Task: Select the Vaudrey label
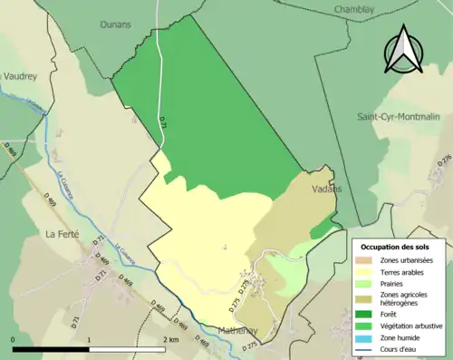(x=20, y=77)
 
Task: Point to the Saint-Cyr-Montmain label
(x=399, y=116)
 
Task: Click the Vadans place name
(x=325, y=189)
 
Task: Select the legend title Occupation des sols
(x=395, y=247)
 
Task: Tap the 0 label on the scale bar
(x=14, y=339)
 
